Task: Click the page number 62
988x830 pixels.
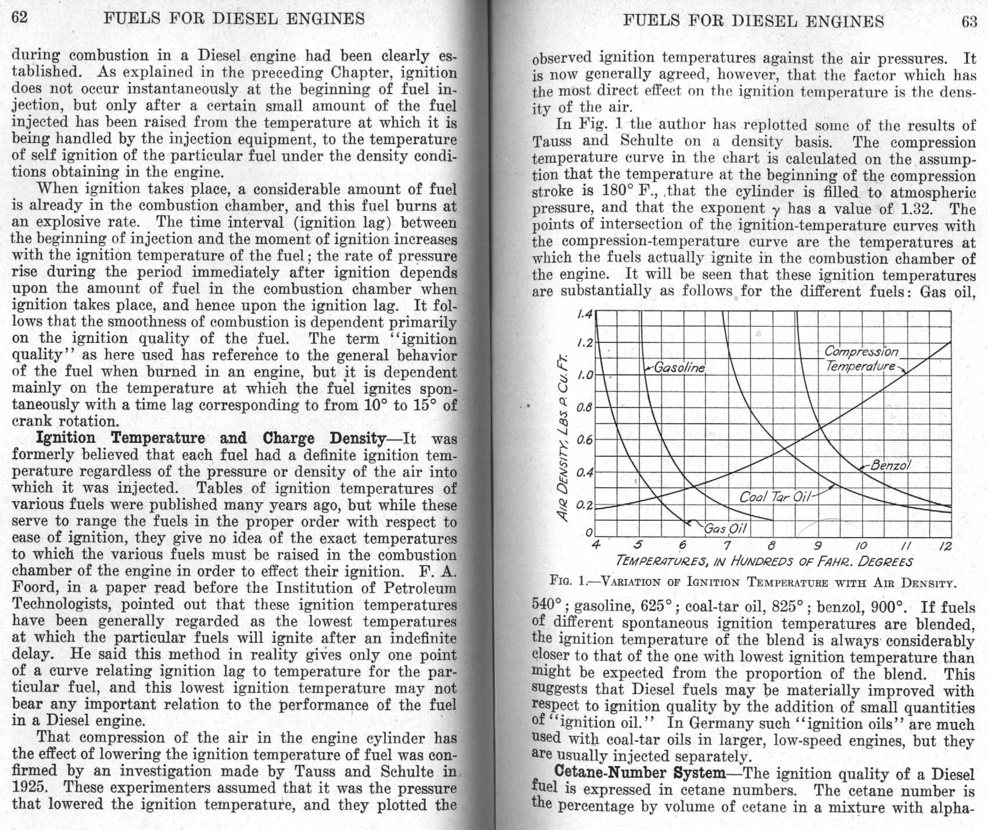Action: click(x=20, y=17)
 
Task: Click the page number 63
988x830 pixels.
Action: click(x=969, y=22)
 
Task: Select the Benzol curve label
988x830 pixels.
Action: click(x=890, y=465)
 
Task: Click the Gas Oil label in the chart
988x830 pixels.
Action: click(x=725, y=528)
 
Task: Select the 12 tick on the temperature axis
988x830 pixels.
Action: click(x=945, y=546)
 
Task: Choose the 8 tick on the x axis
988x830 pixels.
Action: click(x=771, y=546)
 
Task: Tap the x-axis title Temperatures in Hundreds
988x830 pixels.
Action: click(x=764, y=561)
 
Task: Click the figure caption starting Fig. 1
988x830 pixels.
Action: click(x=753, y=582)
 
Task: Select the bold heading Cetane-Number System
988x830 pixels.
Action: click(x=640, y=773)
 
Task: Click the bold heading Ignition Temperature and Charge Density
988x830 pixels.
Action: click(x=210, y=438)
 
